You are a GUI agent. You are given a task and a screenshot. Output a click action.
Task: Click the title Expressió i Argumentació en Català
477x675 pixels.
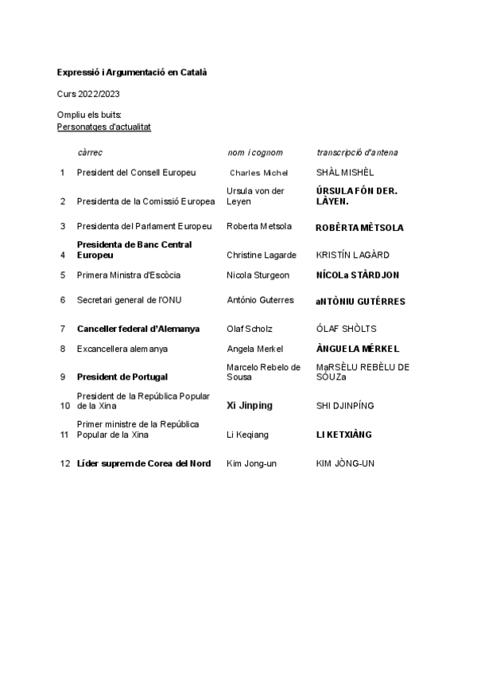132,72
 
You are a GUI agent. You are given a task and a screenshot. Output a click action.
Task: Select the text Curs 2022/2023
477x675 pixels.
83,94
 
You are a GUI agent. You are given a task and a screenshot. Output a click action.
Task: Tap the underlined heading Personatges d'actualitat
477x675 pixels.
104,127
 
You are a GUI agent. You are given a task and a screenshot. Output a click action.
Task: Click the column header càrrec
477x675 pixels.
90,152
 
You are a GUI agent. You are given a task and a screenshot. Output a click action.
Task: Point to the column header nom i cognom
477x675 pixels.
254,152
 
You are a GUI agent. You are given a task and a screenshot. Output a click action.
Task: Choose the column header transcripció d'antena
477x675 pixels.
358,152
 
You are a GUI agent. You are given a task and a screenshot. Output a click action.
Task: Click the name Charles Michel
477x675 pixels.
259,173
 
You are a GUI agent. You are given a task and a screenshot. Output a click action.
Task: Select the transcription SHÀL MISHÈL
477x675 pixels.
344,172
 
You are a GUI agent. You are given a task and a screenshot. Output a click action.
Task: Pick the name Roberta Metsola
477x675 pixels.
259,226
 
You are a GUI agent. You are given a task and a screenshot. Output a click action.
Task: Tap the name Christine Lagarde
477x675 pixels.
262,255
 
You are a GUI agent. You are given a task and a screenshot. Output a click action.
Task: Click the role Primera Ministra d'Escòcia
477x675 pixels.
129,275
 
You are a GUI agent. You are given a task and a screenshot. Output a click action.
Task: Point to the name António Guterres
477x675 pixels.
260,300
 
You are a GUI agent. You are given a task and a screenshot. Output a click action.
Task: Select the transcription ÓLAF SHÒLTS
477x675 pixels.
347,328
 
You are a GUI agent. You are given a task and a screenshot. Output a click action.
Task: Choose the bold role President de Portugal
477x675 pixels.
122,377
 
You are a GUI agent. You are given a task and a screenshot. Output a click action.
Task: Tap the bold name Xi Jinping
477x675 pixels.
250,405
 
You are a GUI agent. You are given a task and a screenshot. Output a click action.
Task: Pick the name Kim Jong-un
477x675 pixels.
251,463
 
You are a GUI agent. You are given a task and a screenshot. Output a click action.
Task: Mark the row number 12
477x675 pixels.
65,463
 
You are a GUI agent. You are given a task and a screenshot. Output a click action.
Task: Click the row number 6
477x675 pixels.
63,300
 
